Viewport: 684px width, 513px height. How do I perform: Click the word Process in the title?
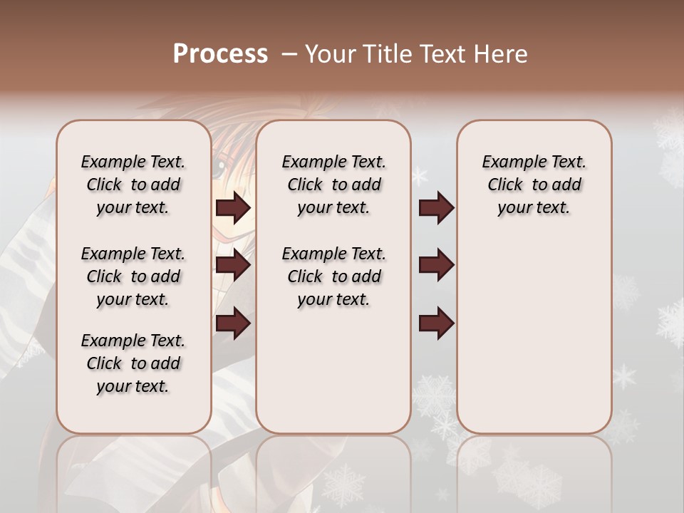(220, 54)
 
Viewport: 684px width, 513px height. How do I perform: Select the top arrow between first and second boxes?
(233, 208)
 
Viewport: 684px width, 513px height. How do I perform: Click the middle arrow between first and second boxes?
(233, 266)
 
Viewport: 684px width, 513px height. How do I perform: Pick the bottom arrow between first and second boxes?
(233, 323)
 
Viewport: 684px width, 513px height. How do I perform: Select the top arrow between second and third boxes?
(436, 208)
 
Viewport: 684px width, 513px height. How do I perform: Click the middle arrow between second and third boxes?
(436, 266)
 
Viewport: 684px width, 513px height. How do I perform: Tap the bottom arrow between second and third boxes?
(436, 323)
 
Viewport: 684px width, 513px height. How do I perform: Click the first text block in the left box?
(133, 185)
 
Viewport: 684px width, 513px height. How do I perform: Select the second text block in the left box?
(133, 276)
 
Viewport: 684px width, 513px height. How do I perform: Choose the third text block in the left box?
(133, 363)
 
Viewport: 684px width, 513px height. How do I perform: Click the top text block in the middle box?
(333, 185)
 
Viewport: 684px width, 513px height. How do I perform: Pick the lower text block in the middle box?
(333, 276)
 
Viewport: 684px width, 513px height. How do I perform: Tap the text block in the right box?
(534, 185)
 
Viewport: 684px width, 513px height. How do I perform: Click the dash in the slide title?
(289, 54)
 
